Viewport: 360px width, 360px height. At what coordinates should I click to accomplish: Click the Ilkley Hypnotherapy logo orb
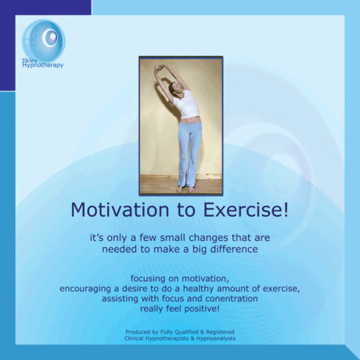[x=43, y=39]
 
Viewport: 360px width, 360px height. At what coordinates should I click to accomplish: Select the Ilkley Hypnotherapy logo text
[x=43, y=63]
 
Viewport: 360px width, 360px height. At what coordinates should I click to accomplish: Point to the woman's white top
[x=185, y=104]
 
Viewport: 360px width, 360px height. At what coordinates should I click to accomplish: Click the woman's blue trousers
[x=189, y=153]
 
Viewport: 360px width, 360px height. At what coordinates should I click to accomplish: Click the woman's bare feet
[x=185, y=188]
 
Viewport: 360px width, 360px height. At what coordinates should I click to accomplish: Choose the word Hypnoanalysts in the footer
[x=211, y=338]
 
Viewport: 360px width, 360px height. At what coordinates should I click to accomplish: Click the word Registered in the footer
[x=216, y=332]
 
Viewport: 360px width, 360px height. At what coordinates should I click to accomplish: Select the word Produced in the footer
[x=139, y=332]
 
